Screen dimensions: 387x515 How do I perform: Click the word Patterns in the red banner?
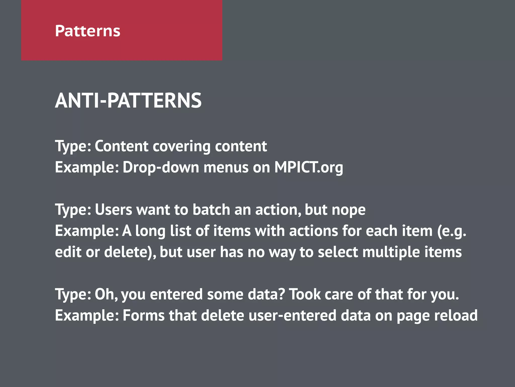pyautogui.click(x=88, y=31)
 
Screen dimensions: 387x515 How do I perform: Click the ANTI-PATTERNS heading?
pyautogui.click(x=128, y=101)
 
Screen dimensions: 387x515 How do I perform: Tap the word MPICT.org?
pyautogui.click(x=309, y=167)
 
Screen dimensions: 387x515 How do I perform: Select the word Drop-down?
pyautogui.click(x=161, y=167)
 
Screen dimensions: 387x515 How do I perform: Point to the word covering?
pyautogui.click(x=182, y=146)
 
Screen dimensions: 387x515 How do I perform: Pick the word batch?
pyautogui.click(x=211, y=210)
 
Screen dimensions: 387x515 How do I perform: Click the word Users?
pyautogui.click(x=113, y=210)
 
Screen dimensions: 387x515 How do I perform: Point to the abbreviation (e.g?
pyautogui.click(x=452, y=231)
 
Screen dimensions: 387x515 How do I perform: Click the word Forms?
pyautogui.click(x=143, y=315)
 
